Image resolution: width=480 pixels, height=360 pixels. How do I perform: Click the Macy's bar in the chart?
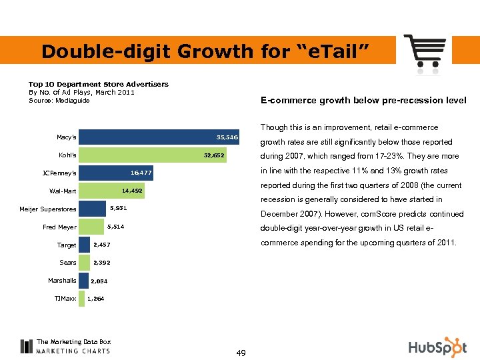pos(160,137)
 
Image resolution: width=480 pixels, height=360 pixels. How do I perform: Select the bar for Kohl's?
pos(153,155)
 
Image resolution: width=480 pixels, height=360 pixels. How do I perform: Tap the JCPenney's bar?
pos(116,173)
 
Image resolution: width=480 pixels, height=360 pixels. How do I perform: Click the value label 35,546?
pos(227,137)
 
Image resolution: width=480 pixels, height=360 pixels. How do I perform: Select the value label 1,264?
pos(95,298)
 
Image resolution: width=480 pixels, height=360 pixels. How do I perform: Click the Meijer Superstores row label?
pos(47,210)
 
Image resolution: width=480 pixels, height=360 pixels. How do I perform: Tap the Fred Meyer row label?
pos(59,227)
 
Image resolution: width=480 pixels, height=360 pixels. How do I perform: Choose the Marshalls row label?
pos(62,281)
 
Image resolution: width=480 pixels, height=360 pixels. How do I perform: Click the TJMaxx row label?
pos(65,298)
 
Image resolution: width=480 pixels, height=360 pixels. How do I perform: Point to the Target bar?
pos(84,245)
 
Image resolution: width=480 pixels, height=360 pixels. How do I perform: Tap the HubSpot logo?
pos(437,347)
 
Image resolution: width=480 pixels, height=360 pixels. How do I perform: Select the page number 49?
pos(241,353)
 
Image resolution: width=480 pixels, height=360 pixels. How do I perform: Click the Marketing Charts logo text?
pos(73,350)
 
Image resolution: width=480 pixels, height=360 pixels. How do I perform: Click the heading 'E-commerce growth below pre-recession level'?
pos(363,101)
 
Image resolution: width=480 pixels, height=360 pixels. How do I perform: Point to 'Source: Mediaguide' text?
pos(59,101)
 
